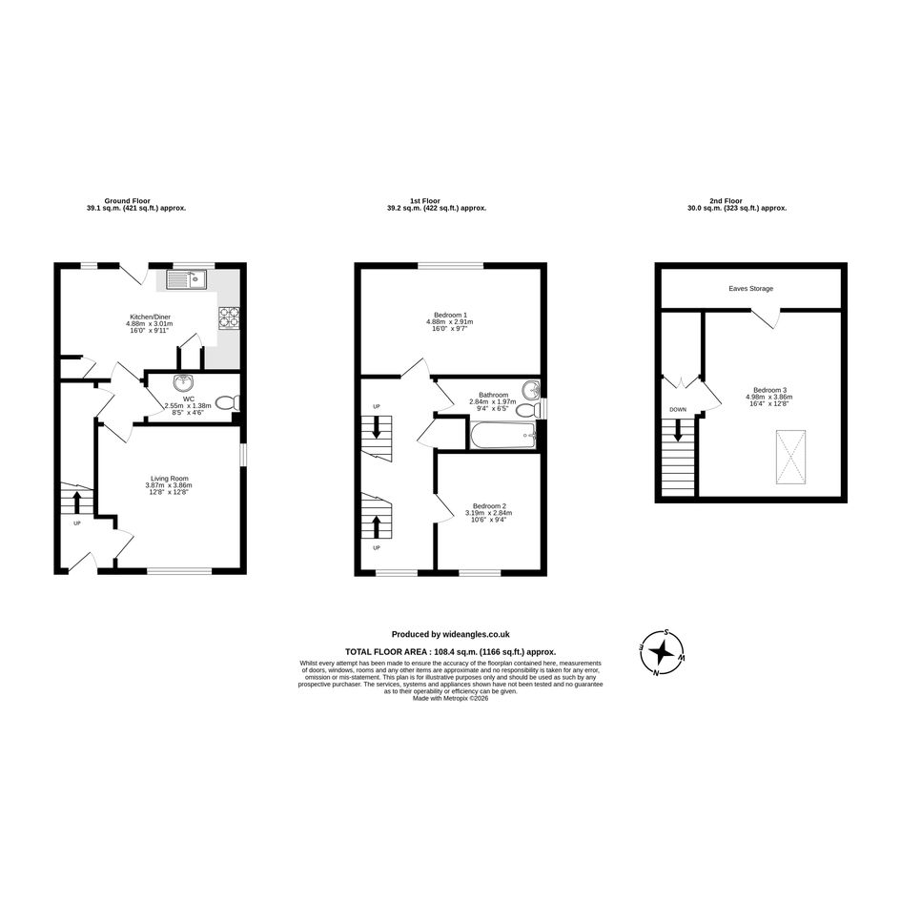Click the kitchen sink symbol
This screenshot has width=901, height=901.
click(187, 280)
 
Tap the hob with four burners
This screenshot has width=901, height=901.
click(228, 317)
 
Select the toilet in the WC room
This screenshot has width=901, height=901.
click(228, 402)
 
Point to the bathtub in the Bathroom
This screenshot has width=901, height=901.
click(502, 437)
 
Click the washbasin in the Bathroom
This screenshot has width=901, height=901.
click(531, 390)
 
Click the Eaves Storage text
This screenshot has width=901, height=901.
click(751, 289)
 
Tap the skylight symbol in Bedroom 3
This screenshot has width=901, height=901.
click(791, 458)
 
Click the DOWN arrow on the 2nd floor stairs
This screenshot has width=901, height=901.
click(678, 430)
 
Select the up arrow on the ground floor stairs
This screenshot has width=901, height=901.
click(77, 502)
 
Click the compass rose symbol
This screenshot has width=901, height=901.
click(663, 652)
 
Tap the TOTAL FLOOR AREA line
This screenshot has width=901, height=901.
click(450, 651)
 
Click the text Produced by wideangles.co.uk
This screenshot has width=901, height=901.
click(450, 634)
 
